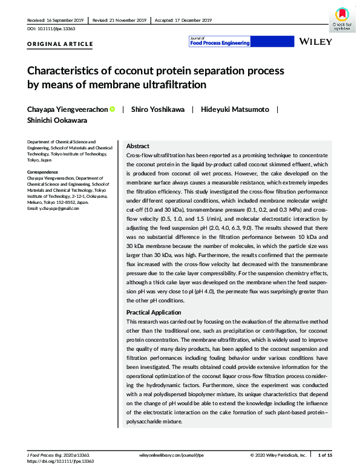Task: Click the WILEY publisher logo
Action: point(315,41)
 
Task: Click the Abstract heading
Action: point(137,146)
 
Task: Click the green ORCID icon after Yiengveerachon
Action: point(113,109)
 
